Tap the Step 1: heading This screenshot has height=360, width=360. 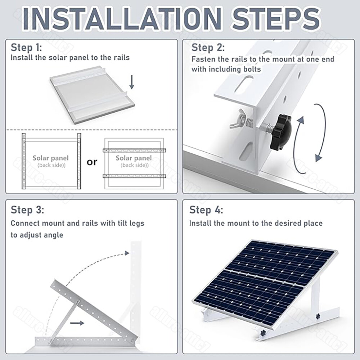(x=26, y=48)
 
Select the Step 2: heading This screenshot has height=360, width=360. (x=208, y=48)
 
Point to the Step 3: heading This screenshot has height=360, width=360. (x=27, y=210)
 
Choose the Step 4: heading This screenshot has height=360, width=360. (x=206, y=210)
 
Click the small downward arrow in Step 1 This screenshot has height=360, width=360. (x=132, y=82)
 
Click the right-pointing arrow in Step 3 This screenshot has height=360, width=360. (x=77, y=323)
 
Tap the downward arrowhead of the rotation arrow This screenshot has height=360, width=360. (x=318, y=157)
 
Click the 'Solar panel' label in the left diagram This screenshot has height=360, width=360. (x=50, y=158)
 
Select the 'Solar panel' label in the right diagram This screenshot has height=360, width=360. (x=134, y=158)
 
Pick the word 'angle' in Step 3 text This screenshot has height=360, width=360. (x=52, y=235)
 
